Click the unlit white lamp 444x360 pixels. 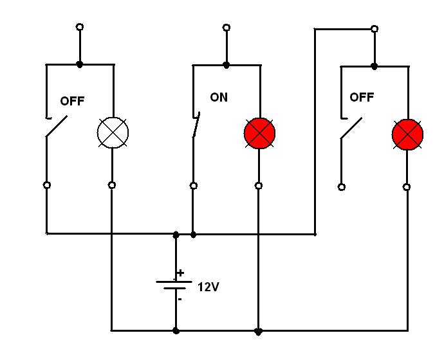113,132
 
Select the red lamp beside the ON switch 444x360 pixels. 259,133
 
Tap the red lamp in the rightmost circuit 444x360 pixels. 407,134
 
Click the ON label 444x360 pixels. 219,97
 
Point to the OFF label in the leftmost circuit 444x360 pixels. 72,101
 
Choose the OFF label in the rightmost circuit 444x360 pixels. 362,97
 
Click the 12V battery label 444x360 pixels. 208,287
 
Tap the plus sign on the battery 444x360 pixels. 180,273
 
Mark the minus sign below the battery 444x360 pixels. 180,299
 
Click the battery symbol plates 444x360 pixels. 174,285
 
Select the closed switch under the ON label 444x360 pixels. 196,125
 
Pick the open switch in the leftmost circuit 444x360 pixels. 57,126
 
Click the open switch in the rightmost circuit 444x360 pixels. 351,128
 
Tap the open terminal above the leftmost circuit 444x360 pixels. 80,27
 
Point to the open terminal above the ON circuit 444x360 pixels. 227,28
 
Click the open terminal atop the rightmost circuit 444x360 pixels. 375,29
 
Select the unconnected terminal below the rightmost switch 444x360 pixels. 342,187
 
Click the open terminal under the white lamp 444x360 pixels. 112,185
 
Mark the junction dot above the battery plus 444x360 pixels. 176,235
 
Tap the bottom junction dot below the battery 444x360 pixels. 176,330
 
